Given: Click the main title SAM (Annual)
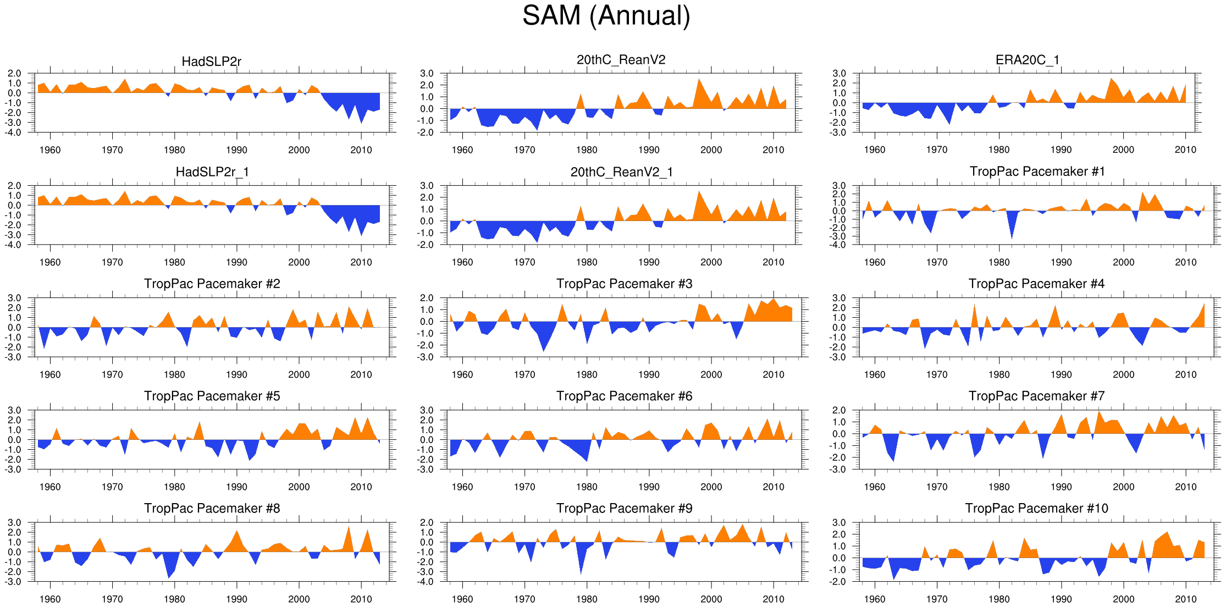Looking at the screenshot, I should [x=606, y=16].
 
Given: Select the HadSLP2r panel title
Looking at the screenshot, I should [x=211, y=61].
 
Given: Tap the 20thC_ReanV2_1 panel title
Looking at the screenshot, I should [x=621, y=172].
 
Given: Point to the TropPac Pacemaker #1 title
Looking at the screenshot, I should [x=1037, y=172].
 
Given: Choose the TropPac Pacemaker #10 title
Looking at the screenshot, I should [x=1036, y=508].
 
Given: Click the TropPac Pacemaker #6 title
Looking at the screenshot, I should [x=624, y=396].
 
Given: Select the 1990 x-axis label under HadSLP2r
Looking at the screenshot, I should [x=236, y=150].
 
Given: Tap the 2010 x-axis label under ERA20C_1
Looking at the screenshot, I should [x=1185, y=150].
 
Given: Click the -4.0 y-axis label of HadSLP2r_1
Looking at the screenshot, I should [x=14, y=245].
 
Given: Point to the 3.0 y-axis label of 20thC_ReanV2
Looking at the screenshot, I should [x=427, y=74].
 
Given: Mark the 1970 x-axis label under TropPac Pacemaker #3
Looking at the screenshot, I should [x=524, y=374].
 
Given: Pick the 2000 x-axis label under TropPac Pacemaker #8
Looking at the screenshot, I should [x=299, y=599].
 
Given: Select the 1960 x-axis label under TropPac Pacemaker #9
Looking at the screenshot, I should [x=462, y=599].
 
